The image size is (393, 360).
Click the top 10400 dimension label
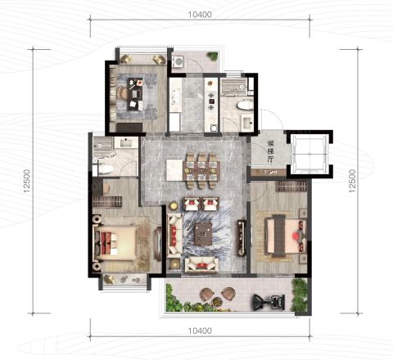[x=200, y=14]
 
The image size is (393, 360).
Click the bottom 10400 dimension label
[x=200, y=331]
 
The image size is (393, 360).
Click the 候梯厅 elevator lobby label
[x=270, y=151]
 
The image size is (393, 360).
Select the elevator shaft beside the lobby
[x=309, y=154]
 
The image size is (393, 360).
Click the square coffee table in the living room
[x=204, y=234]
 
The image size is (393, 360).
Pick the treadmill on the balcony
[x=269, y=302]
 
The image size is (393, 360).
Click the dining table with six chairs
[x=201, y=171]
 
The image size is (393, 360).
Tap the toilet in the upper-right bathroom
[x=245, y=105]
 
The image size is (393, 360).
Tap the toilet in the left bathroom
[x=105, y=169]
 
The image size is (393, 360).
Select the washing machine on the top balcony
[x=178, y=61]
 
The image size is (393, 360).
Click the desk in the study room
[x=135, y=94]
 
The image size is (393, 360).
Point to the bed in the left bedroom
[x=115, y=243]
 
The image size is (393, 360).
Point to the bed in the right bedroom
[x=286, y=235]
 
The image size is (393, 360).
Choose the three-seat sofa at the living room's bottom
[x=201, y=264]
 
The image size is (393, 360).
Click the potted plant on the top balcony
[x=212, y=56]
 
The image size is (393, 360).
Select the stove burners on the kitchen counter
[x=211, y=101]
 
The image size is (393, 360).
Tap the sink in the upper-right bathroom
[x=248, y=122]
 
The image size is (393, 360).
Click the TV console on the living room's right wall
[x=242, y=237]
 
